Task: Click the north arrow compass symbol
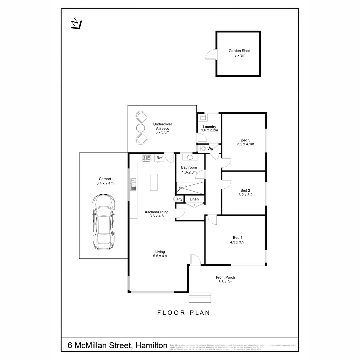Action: [x=76, y=24]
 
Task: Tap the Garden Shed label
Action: [x=239, y=51]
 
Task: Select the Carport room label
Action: [x=105, y=179]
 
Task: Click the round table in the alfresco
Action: [x=140, y=128]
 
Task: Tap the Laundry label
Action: [x=209, y=127]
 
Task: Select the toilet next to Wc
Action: [x=203, y=148]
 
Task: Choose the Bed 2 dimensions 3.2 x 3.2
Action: [x=245, y=195]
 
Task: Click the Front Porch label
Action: [x=225, y=277]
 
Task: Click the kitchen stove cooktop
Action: [x=147, y=158]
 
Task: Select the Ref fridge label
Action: [x=159, y=158]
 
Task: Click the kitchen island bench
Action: [x=154, y=182]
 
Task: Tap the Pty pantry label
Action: [x=180, y=199]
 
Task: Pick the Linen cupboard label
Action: [x=194, y=199]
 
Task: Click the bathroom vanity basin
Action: [x=190, y=157]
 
